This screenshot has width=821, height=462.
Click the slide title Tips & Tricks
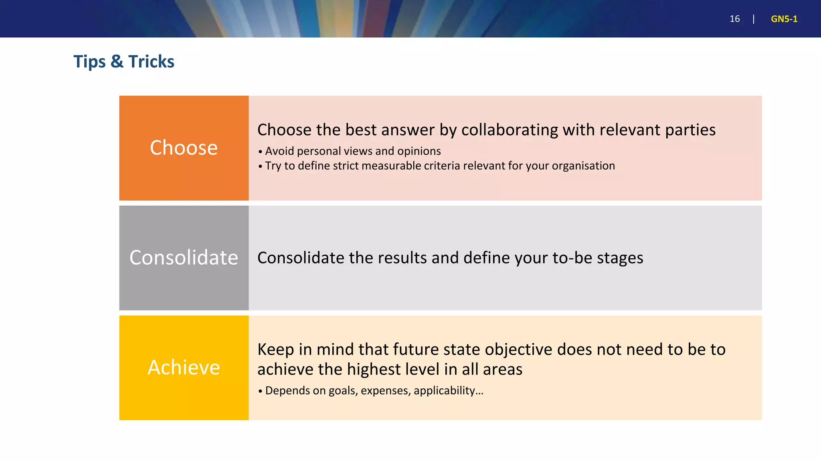click(124, 62)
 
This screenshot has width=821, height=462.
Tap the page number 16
click(734, 19)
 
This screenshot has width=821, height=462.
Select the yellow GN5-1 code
click(784, 19)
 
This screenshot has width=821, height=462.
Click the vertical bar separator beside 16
click(754, 19)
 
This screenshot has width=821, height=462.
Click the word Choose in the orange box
click(184, 148)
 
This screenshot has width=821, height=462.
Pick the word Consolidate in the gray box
click(184, 257)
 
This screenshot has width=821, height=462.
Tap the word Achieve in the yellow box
click(184, 367)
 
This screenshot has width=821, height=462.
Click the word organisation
click(583, 166)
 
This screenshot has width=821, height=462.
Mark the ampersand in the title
click(117, 62)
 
